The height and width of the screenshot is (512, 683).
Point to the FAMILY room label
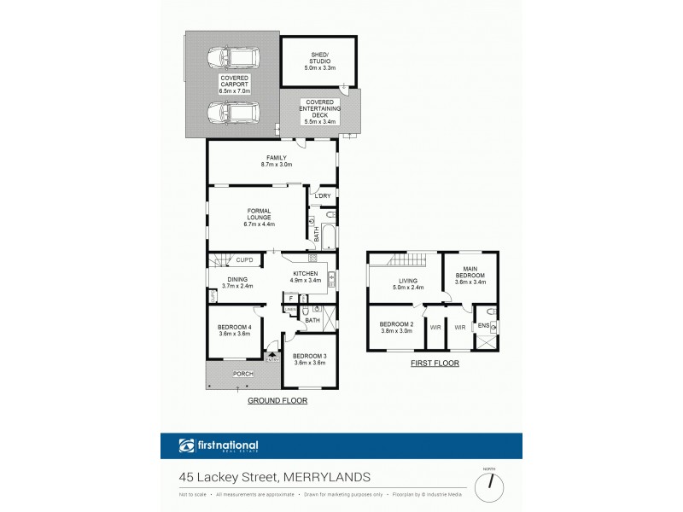click(x=277, y=157)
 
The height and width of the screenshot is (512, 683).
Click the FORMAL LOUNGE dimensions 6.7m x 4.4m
click(x=259, y=224)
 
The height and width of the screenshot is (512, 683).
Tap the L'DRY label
click(x=322, y=197)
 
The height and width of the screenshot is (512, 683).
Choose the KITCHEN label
click(x=305, y=273)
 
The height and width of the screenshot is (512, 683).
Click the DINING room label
click(x=238, y=279)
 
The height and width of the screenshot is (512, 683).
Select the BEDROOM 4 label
click(x=235, y=328)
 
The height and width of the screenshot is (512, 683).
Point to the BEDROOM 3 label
click(x=309, y=356)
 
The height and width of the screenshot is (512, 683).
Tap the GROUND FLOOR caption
click(x=277, y=400)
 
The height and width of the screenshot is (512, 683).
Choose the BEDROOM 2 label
click(x=396, y=324)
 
